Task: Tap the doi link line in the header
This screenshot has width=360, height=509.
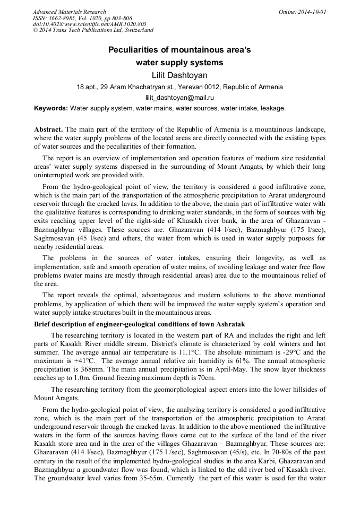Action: tap(89, 24)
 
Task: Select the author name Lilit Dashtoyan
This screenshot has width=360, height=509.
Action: tap(179, 75)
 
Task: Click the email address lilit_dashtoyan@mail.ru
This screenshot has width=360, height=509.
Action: tap(179, 98)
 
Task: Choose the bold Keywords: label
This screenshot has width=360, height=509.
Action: tap(51, 108)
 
